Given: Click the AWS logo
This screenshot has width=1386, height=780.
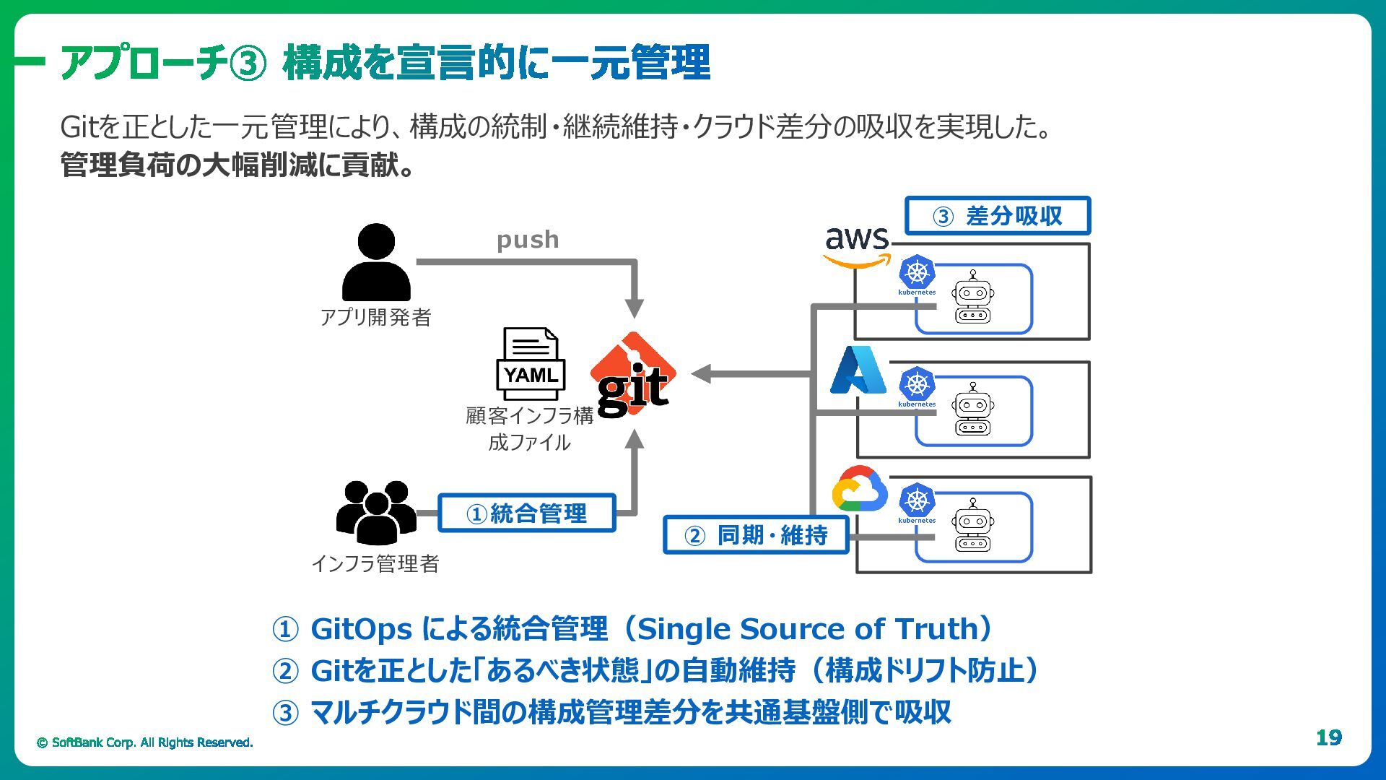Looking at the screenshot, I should point(857,246).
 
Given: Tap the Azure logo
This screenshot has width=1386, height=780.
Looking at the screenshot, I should point(858,370).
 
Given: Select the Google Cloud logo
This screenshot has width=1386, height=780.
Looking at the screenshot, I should point(859,489).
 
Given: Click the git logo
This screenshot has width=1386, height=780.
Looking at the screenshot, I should point(633,376).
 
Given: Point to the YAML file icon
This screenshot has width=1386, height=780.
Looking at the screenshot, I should point(531,364).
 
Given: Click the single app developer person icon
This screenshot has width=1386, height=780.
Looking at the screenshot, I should point(376,262).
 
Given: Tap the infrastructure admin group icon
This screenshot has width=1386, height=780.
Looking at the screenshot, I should point(376,512).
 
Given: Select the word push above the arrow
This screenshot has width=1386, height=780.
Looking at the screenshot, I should point(528,239).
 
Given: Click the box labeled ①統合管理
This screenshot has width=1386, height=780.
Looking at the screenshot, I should point(527,513).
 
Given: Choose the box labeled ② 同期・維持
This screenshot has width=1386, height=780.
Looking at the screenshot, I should point(756,535).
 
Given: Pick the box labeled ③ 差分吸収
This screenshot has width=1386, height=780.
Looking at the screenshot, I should point(998,216).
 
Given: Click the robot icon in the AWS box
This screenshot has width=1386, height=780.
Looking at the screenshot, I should point(972,298).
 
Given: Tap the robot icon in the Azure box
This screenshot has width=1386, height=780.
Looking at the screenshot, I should point(972,409).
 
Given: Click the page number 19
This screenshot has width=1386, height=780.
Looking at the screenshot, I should point(1328,737).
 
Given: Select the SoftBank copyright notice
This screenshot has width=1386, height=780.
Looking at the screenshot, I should point(145,742).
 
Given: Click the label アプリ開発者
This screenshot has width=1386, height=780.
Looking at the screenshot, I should point(375,317).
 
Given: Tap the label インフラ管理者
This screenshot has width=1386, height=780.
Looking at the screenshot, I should point(375,564).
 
